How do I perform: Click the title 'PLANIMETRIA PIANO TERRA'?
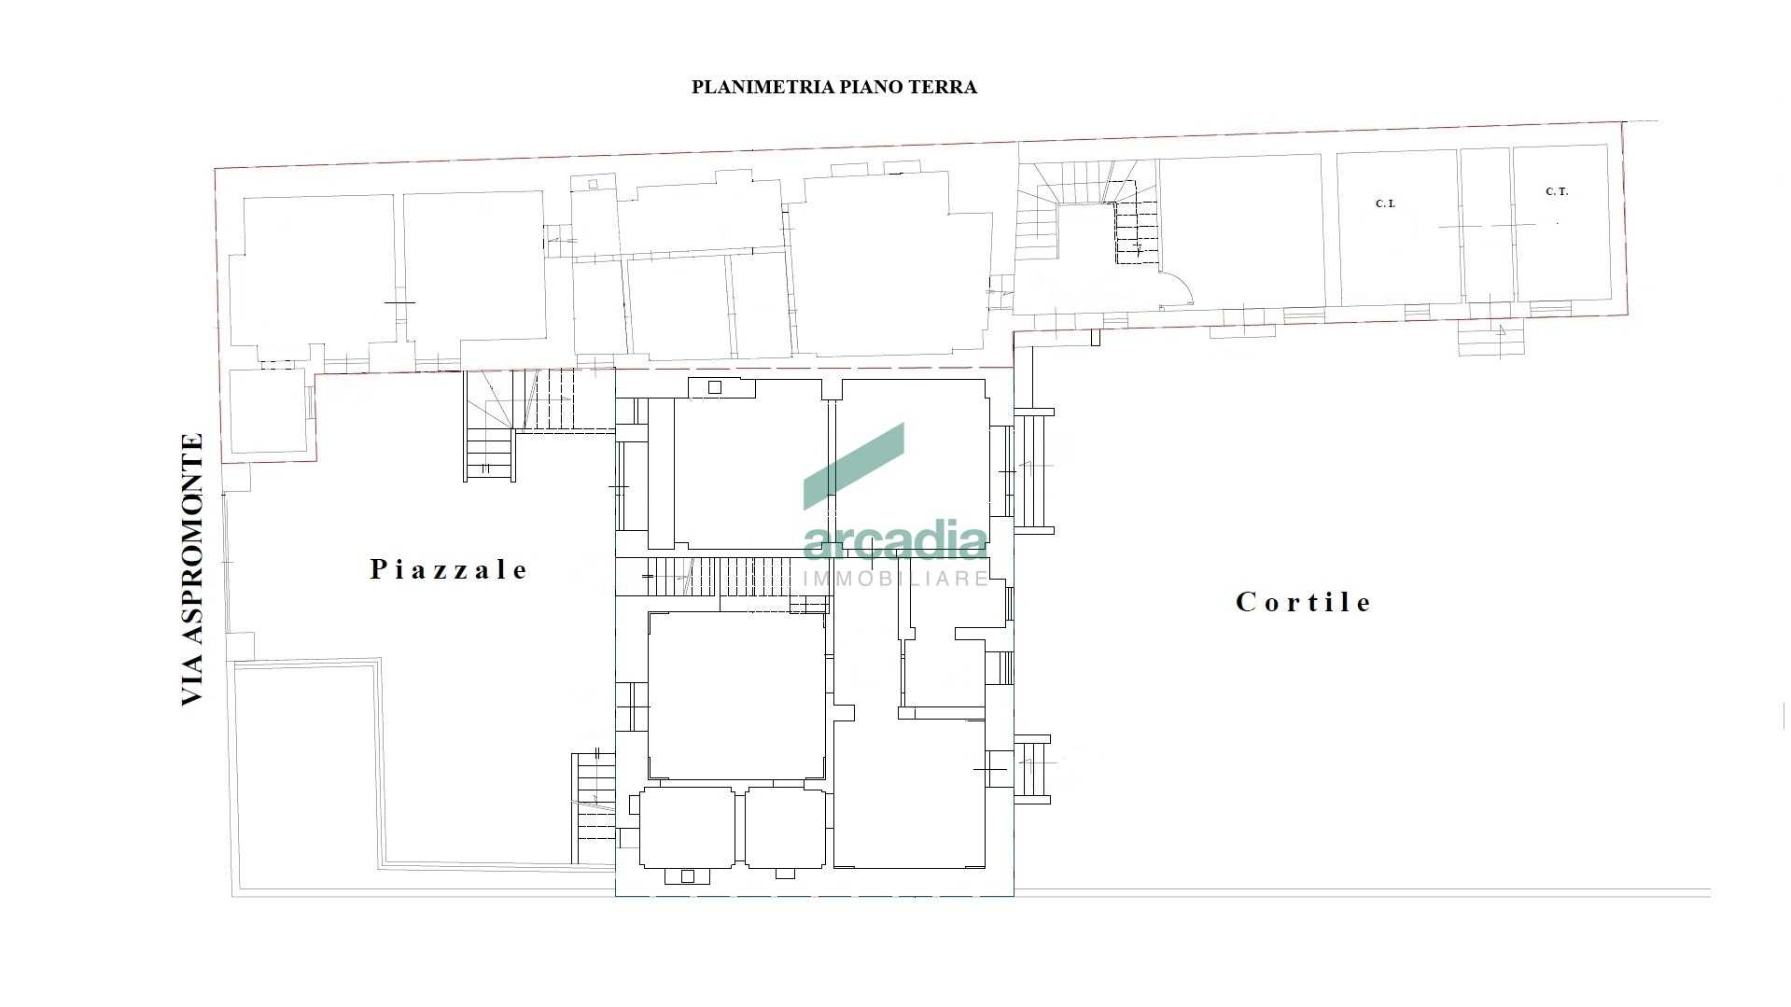point(833,88)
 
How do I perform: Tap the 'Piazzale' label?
point(449,569)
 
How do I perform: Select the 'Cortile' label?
point(1303,602)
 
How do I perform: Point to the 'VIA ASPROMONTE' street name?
point(192,569)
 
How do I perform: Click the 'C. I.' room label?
point(1385,203)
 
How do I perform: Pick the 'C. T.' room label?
point(1557,191)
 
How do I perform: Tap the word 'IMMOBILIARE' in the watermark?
point(896,579)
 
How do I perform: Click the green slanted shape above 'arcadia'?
point(854,466)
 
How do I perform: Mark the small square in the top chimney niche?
point(715,387)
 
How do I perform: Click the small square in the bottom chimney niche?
point(688,876)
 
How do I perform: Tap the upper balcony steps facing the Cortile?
point(1033,470)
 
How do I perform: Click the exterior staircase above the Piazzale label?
point(490,426)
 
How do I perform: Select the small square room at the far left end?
point(268,412)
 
